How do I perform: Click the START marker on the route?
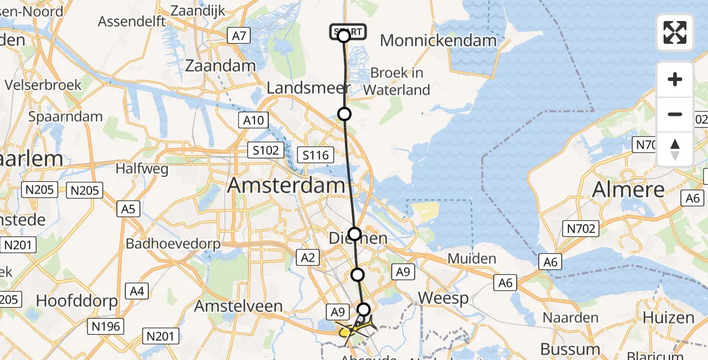tap(346, 32)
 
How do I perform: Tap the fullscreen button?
tap(675, 32)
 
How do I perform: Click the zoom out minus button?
tap(675, 114)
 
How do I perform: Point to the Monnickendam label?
tap(439, 41)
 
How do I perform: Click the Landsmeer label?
tap(308, 88)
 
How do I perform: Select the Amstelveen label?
tap(238, 306)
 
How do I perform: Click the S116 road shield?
tap(316, 155)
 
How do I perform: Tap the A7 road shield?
tap(239, 36)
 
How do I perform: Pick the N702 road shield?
tap(580, 228)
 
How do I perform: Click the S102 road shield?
tap(265, 149)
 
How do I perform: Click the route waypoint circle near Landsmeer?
tap(344, 113)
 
